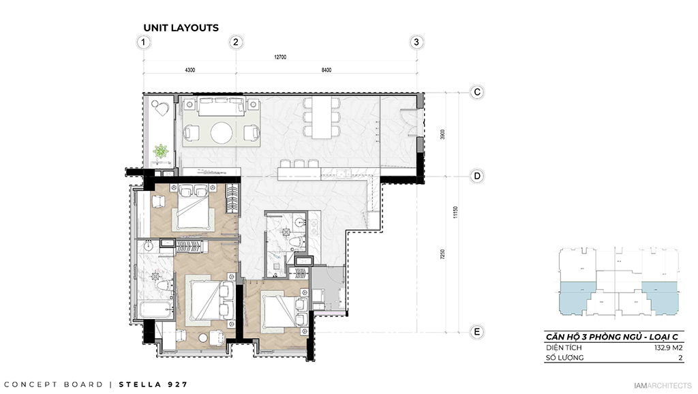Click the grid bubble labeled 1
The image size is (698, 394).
tap(143, 42)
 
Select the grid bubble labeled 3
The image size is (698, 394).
tap(417, 42)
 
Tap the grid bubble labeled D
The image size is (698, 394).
tap(478, 176)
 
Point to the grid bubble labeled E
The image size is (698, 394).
tap(478, 332)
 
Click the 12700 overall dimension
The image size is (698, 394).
tap(280, 58)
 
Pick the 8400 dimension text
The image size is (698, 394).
tap(326, 70)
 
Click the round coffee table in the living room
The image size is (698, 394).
tap(222, 132)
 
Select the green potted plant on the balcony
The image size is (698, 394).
tap(162, 151)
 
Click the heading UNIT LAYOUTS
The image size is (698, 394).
tap(181, 28)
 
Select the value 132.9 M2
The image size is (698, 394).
tap(669, 347)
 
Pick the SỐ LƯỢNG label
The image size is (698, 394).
tap(564, 357)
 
